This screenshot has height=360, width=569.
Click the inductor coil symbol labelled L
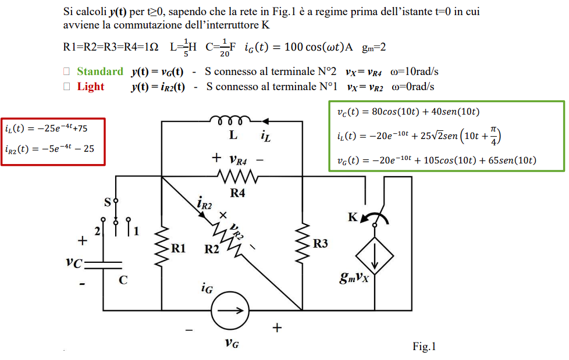[232, 121]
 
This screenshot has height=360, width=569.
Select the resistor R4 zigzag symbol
[237, 175]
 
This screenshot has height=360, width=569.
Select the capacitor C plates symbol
[103, 263]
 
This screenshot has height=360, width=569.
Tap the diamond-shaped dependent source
[375, 255]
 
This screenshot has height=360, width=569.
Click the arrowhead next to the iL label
[266, 122]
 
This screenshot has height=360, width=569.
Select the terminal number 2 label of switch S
[97, 231]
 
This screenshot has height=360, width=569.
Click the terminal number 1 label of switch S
[136, 231]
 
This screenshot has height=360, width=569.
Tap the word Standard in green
[100, 72]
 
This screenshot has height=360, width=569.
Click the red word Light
[91, 87]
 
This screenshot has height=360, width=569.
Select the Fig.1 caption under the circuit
[424, 347]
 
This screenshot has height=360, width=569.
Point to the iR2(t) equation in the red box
[49, 149]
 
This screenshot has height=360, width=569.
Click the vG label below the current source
[231, 343]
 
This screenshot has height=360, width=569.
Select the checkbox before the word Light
[67, 87]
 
